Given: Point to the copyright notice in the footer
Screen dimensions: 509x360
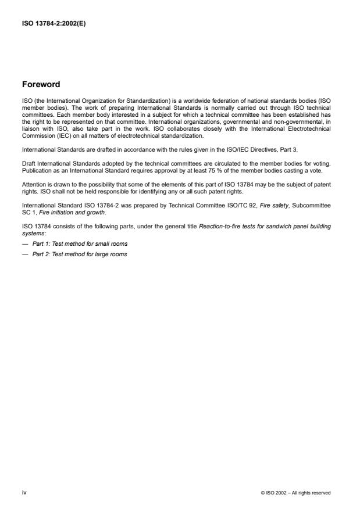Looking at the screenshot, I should pos(296,493).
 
